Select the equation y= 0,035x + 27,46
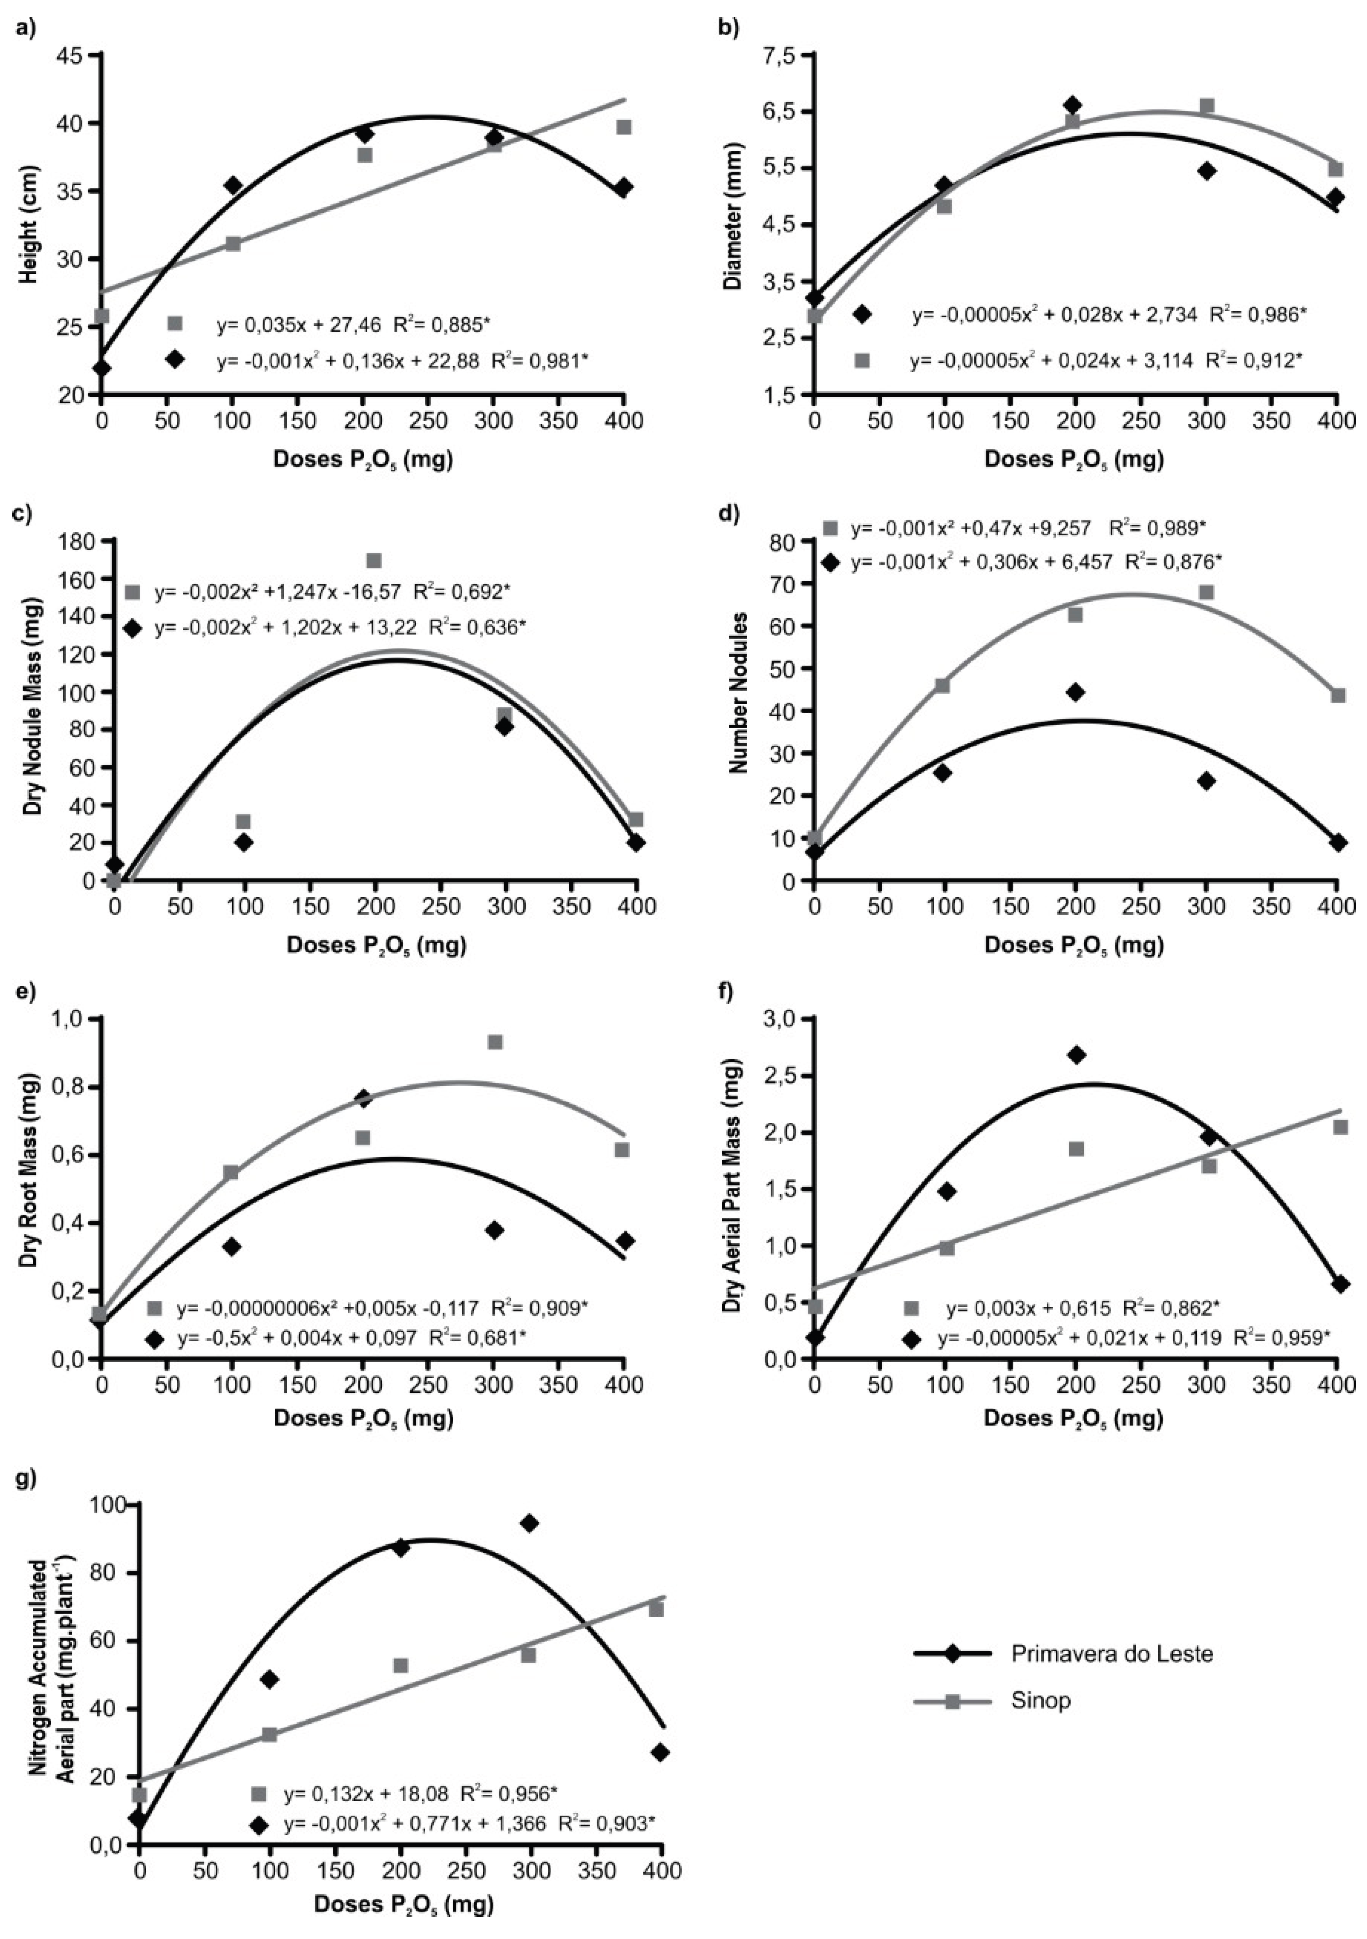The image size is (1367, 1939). click(x=301, y=324)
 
